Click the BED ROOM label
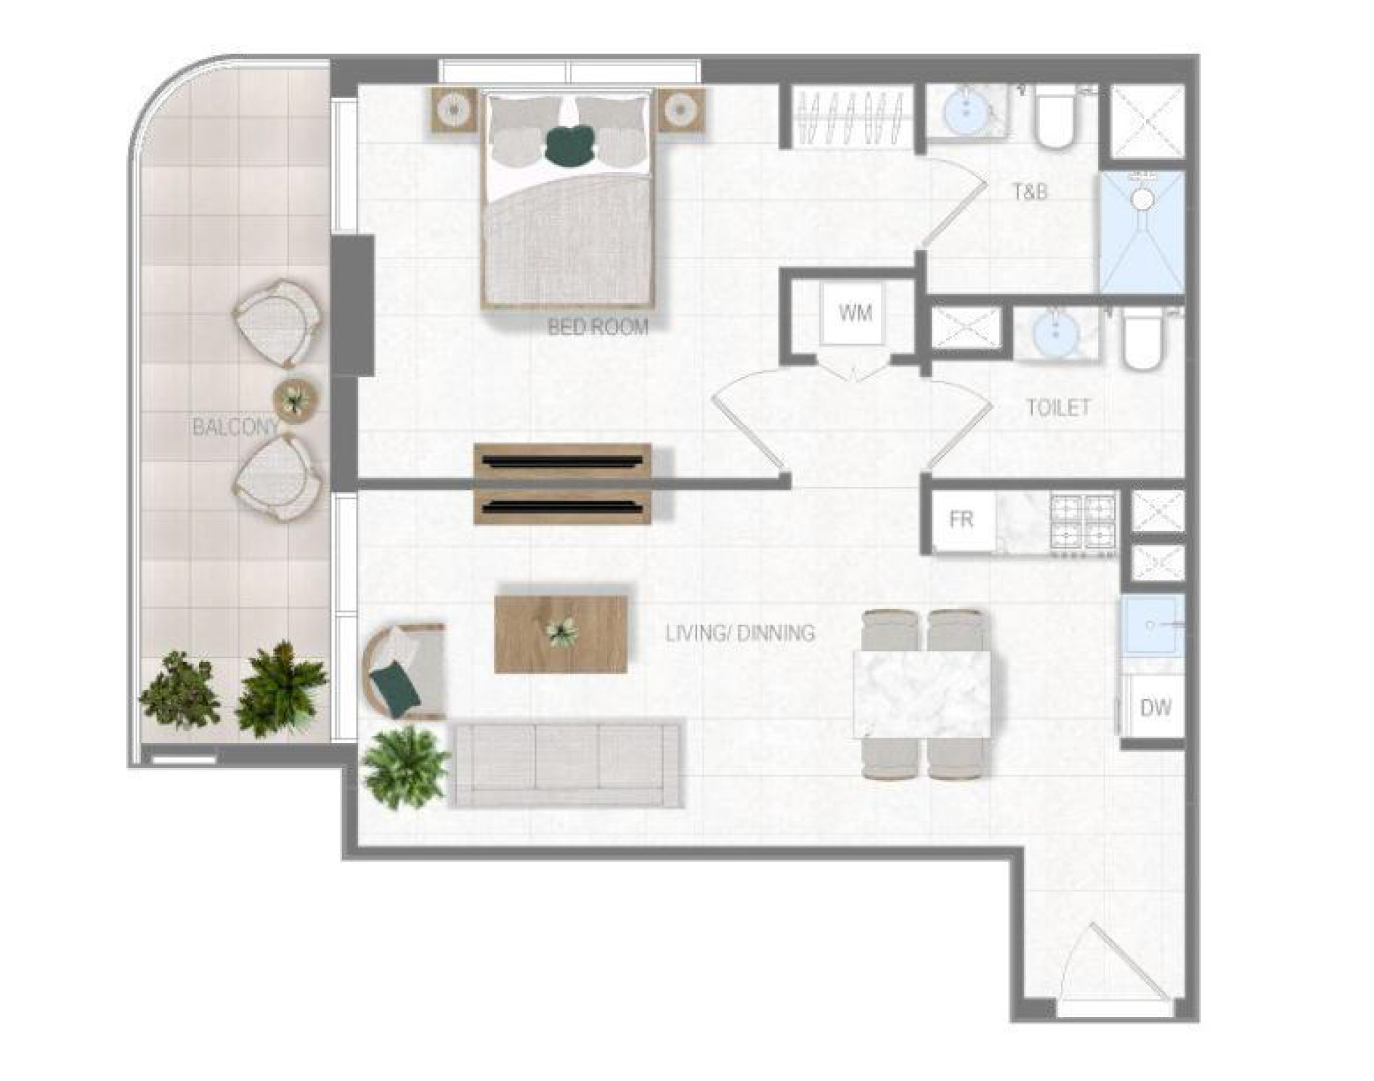598,327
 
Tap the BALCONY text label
235,427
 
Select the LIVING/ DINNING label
740,633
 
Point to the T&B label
1030,193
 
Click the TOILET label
1058,408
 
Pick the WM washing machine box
855,313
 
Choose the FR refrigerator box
962,520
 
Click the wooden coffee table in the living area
561,634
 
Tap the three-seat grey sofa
566,763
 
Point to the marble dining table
924,695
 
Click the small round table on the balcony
296,401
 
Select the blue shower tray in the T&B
1142,232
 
